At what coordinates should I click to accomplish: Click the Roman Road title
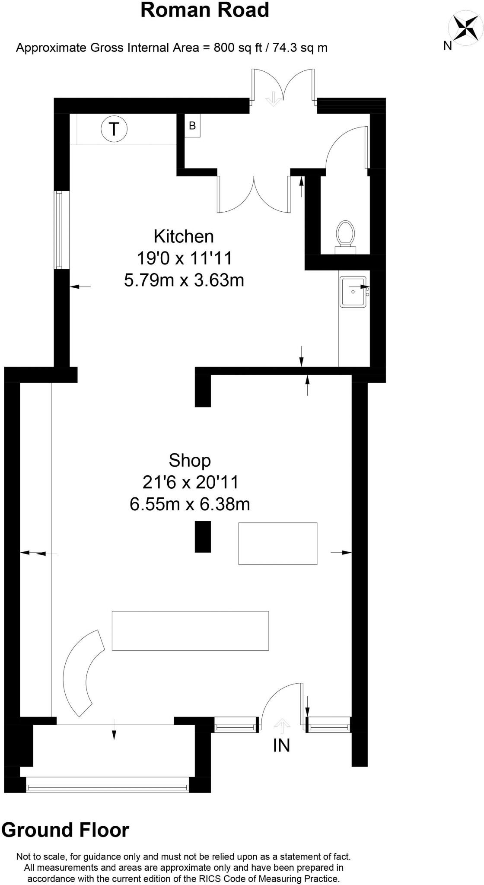(x=205, y=10)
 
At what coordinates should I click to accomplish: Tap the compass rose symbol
(x=465, y=29)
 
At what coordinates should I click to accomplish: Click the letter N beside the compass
(x=448, y=46)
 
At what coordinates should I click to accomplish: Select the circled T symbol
(x=114, y=129)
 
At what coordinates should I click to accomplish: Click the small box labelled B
(x=192, y=126)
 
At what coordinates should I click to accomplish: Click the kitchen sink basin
(x=353, y=292)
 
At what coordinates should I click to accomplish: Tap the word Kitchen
(x=184, y=236)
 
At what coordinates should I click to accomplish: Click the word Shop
(x=190, y=460)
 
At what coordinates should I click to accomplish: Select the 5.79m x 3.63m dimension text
(x=184, y=280)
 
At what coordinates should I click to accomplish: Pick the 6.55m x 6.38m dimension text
(x=190, y=504)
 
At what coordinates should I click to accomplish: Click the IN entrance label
(x=282, y=745)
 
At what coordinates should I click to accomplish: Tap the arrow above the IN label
(x=282, y=726)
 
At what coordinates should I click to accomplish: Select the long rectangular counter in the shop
(x=190, y=630)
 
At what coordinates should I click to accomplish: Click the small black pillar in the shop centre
(x=203, y=536)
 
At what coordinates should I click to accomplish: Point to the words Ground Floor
(x=65, y=830)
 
